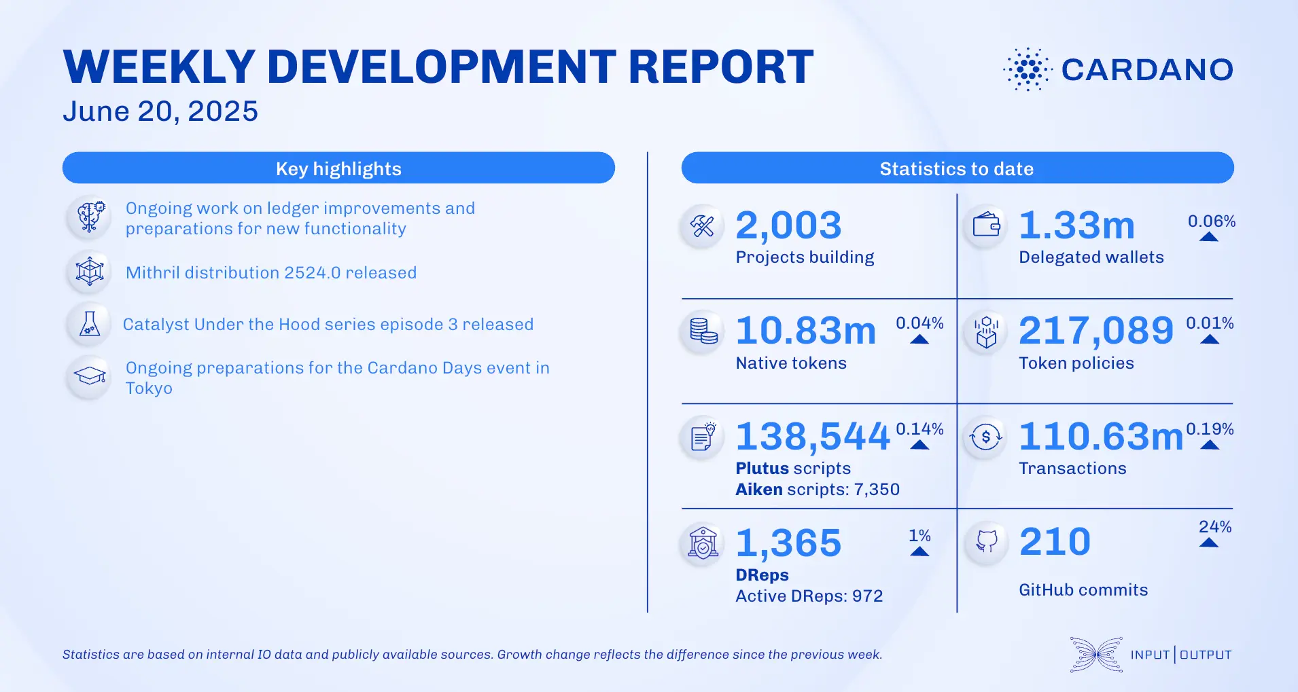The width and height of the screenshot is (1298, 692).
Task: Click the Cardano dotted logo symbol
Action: [x=1028, y=69]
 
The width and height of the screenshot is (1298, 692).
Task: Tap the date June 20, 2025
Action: [x=160, y=111]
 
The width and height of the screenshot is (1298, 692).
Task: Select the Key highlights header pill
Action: [x=338, y=168]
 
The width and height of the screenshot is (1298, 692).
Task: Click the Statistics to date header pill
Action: [x=957, y=168]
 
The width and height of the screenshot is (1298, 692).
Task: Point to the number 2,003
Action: [x=788, y=225]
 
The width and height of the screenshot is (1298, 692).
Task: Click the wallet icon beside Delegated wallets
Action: [x=986, y=225]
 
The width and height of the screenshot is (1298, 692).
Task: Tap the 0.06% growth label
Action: [x=1211, y=221]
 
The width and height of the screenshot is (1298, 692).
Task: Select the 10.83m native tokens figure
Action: [x=806, y=331]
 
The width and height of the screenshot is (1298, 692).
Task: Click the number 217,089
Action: [x=1096, y=331]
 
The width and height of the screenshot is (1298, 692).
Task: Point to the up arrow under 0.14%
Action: [x=919, y=445]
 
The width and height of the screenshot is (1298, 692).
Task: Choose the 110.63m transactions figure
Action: [x=1101, y=436]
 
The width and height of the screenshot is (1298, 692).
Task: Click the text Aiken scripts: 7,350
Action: [x=818, y=490]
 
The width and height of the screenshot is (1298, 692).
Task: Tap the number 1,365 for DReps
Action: [x=788, y=543]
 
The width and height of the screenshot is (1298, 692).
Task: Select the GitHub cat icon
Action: [x=986, y=541]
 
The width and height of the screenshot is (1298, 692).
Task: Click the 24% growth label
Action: [x=1214, y=527]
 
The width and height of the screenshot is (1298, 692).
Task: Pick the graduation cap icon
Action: [x=90, y=376]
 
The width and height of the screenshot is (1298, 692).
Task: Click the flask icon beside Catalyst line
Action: [x=90, y=324]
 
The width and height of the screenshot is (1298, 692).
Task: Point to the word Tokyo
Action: [x=149, y=388]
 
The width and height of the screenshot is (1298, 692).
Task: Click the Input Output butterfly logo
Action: [x=1095, y=655]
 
